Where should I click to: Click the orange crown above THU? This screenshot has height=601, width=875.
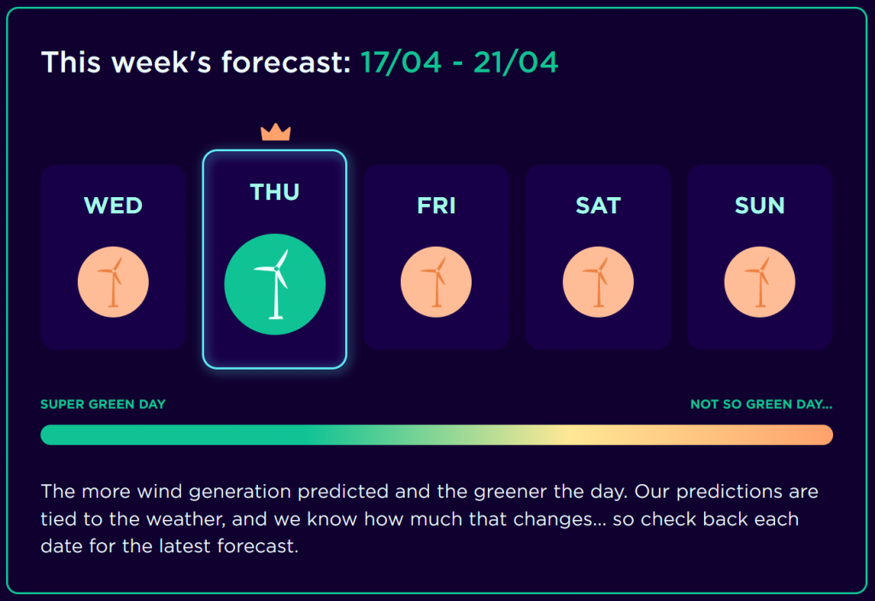click(x=276, y=132)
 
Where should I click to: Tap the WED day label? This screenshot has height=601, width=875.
click(x=114, y=206)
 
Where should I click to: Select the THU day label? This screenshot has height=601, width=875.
click(x=274, y=192)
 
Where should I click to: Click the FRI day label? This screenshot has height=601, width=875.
click(x=437, y=206)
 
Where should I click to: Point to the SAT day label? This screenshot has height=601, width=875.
click(x=598, y=206)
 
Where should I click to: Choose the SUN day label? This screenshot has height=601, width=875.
click(x=760, y=206)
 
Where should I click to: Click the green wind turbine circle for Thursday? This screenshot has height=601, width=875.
click(x=274, y=284)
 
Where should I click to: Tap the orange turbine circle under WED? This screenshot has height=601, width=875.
click(x=114, y=282)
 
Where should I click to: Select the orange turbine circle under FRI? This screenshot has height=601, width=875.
click(x=437, y=282)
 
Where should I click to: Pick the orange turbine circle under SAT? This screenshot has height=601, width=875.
click(x=598, y=282)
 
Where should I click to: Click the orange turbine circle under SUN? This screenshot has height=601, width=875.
click(x=760, y=282)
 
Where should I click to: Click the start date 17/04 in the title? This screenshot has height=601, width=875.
click(x=402, y=61)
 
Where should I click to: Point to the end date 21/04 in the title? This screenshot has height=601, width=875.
click(x=515, y=61)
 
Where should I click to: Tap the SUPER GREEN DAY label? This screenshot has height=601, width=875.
click(x=103, y=404)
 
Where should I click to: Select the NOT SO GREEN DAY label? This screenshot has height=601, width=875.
click(x=761, y=404)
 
